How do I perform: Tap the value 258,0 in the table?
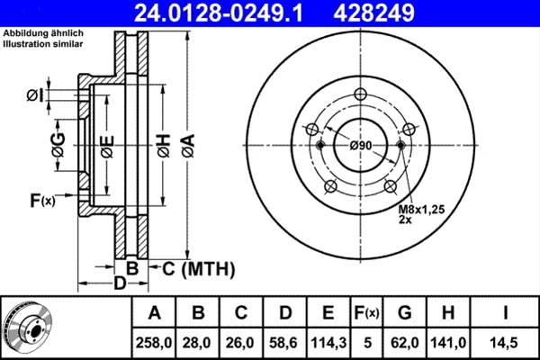pyautogui.click(x=154, y=342)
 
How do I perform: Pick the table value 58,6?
pyautogui.click(x=285, y=342)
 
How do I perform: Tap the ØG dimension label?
pyautogui.click(x=58, y=146)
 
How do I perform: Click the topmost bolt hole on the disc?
pyautogui.click(x=361, y=95)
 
